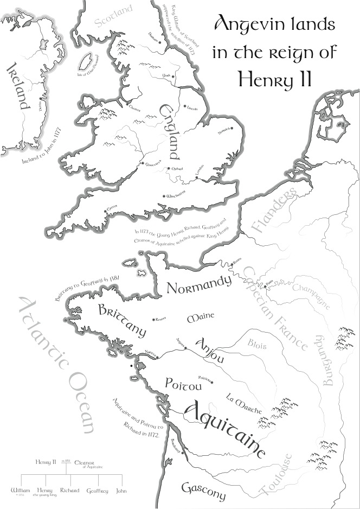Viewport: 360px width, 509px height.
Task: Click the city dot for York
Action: (x=173, y=77)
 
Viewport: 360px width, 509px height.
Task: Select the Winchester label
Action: (x=177, y=194)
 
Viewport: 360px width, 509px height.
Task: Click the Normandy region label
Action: (x=198, y=286)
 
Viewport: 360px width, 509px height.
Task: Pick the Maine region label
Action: (x=201, y=316)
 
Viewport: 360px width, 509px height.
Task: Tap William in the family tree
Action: (x=21, y=491)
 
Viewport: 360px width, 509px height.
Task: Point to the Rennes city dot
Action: (x=154, y=319)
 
